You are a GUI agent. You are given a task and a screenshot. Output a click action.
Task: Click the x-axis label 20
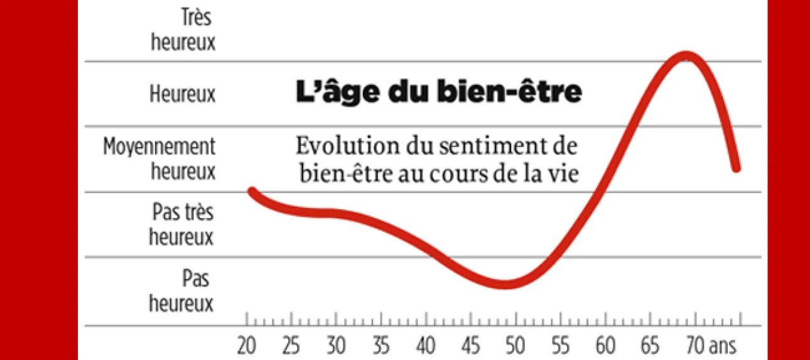pyautogui.click(x=246, y=346)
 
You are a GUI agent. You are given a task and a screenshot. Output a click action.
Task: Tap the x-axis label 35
pyautogui.click(x=381, y=346)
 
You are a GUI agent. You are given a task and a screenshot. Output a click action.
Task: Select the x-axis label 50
pyautogui.click(x=516, y=346)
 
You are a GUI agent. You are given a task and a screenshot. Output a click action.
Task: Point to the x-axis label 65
pyautogui.click(x=651, y=346)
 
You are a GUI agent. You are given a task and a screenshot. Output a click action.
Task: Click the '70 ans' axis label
pyautogui.click(x=708, y=346)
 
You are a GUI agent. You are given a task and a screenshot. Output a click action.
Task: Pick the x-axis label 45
pyautogui.click(x=470, y=346)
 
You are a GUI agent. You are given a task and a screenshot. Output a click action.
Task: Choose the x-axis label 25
pyautogui.click(x=291, y=346)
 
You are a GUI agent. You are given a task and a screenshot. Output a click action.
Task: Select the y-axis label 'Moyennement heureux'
pyautogui.click(x=159, y=158)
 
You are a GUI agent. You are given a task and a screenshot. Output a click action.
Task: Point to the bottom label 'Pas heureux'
pyautogui.click(x=181, y=290)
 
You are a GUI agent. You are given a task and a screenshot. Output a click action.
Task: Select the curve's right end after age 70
pyautogui.click(x=737, y=168)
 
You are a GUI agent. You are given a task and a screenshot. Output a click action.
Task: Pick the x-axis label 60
pyautogui.click(x=605, y=346)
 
